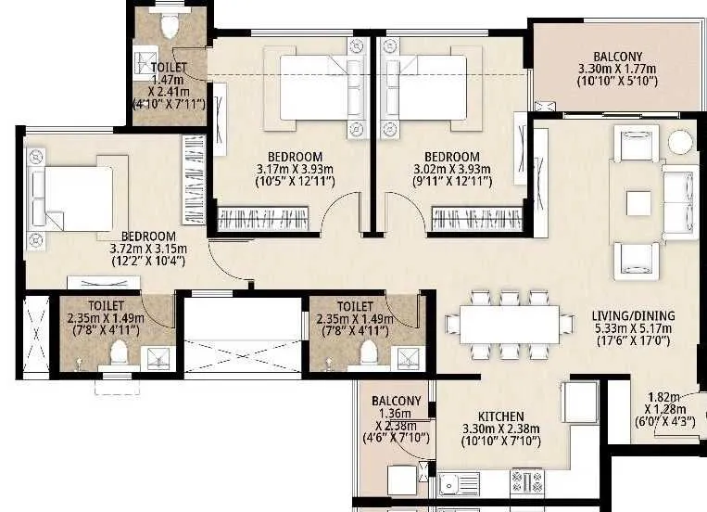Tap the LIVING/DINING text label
coord(634,315)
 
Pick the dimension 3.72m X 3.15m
coord(147,249)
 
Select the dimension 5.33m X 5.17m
coord(634,327)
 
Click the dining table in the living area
coord(508,325)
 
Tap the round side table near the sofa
coord(681,142)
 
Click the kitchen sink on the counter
coord(457,482)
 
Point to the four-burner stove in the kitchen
coord(527,481)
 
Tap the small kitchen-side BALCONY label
coord(397,400)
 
